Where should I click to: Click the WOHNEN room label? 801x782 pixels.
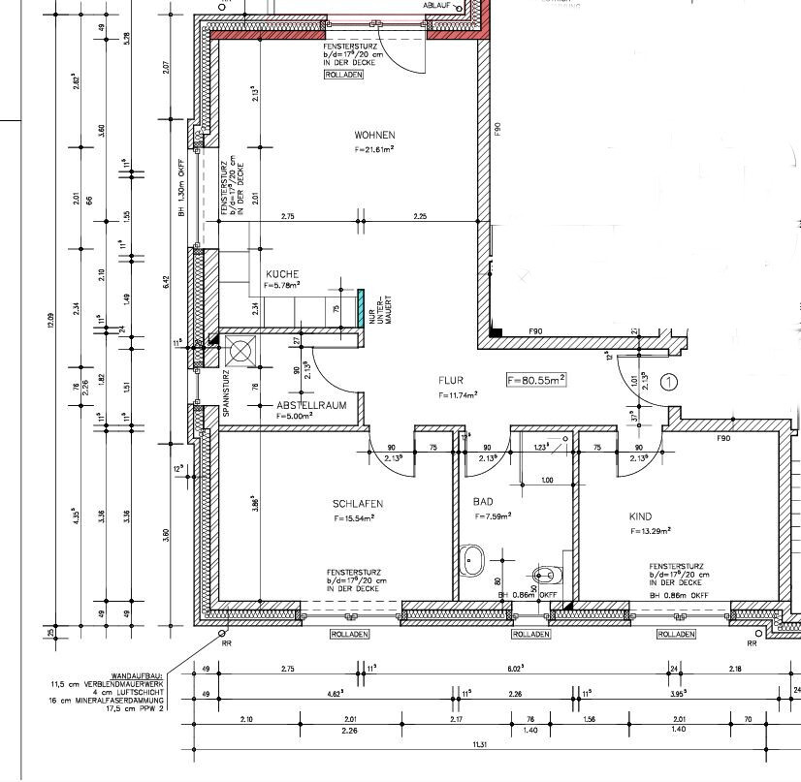(x=374, y=135)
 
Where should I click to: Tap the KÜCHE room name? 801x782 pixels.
(x=282, y=273)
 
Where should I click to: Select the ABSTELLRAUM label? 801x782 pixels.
(x=308, y=404)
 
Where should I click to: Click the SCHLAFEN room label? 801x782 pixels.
(x=357, y=504)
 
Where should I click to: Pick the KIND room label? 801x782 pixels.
(x=640, y=516)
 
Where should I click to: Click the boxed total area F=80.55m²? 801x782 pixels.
(x=535, y=381)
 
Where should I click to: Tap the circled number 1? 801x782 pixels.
(x=668, y=382)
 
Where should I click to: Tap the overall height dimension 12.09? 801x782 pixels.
(x=50, y=320)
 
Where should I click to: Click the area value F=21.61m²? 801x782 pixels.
(x=374, y=150)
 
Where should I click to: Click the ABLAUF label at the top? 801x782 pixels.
(x=437, y=5)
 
